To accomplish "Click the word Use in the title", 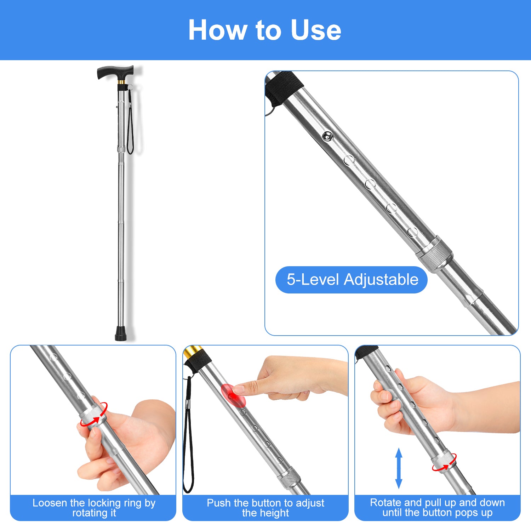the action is (316, 30).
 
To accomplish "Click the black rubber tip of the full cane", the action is (121, 333).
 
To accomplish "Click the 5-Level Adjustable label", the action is (352, 280).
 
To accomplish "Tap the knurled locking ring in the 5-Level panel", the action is (434, 253).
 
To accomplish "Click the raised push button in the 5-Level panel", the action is (327, 136).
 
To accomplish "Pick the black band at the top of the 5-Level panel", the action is (284, 87).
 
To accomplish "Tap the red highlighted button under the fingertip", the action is (233, 395).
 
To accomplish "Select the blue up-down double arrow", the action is (399, 468).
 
